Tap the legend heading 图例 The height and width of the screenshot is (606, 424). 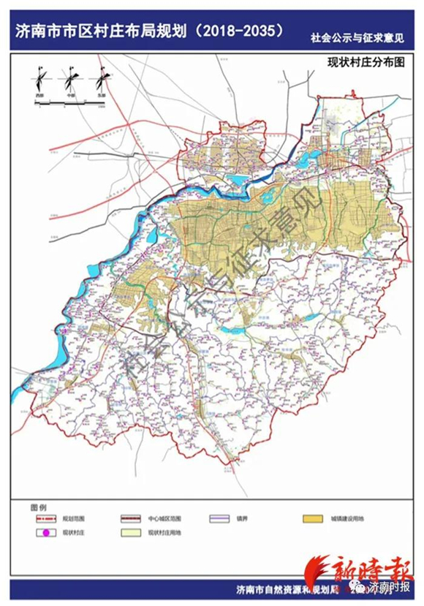38,507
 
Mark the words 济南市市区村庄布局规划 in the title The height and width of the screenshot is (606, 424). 99,32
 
